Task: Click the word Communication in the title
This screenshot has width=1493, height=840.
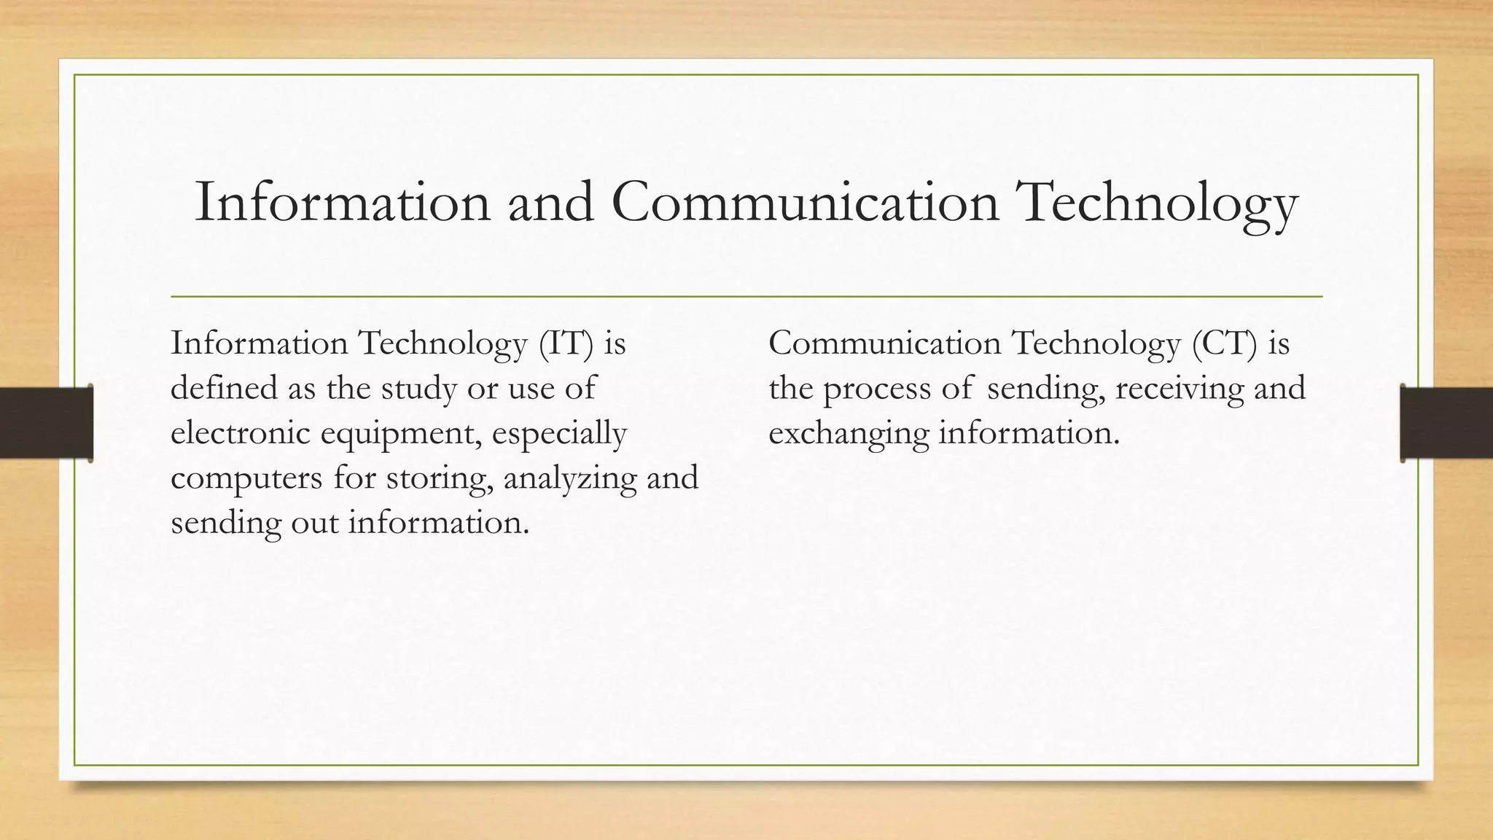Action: point(805,203)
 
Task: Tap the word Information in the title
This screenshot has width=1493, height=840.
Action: point(342,203)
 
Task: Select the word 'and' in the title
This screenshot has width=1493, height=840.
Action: point(551,203)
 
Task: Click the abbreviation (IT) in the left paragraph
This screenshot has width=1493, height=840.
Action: point(566,343)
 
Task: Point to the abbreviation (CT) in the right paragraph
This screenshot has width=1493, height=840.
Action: point(1225,343)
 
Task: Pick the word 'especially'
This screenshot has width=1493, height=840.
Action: point(559,435)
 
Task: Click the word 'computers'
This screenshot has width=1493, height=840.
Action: point(246,478)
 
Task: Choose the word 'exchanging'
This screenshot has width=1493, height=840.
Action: point(849,435)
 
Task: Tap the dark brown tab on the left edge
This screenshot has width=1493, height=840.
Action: point(46,423)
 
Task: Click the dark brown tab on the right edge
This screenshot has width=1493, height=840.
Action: point(1446,423)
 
